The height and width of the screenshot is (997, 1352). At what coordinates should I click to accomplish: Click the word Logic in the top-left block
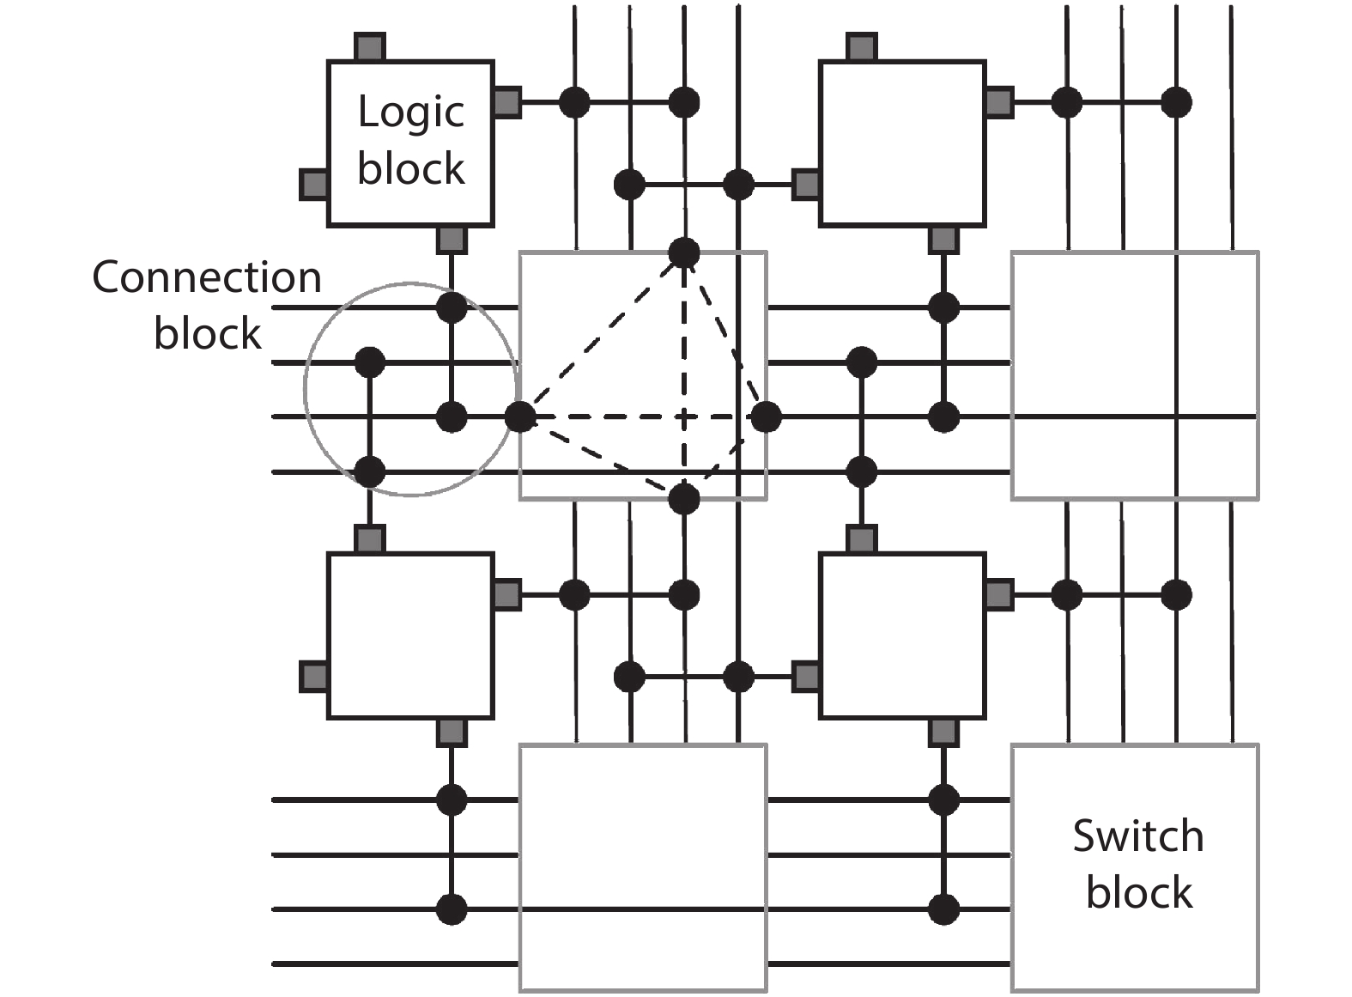click(410, 113)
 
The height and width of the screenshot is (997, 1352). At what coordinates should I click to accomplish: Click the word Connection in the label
click(207, 277)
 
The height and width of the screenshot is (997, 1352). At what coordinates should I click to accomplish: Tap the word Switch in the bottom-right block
click(1137, 836)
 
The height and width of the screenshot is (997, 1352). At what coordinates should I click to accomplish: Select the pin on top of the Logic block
click(370, 47)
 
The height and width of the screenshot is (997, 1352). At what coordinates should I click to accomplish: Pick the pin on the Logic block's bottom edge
click(452, 240)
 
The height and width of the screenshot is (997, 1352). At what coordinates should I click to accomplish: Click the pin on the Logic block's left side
click(314, 184)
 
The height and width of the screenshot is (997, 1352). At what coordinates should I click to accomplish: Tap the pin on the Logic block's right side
click(506, 102)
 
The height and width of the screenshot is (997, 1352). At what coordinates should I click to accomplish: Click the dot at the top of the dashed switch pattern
click(684, 252)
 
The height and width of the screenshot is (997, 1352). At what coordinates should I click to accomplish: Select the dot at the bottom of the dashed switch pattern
click(684, 498)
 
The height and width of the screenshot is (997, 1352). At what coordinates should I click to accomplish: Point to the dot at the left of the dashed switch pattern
click(519, 417)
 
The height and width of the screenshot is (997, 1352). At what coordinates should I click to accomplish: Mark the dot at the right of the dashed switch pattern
click(766, 417)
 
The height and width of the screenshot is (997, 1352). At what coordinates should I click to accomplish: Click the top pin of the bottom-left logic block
click(370, 539)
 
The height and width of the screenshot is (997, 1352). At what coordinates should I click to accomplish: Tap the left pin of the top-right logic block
click(806, 184)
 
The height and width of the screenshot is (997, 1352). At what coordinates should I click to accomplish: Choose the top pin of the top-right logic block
click(862, 47)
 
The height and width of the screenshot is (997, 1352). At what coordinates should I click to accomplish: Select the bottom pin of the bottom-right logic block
click(943, 732)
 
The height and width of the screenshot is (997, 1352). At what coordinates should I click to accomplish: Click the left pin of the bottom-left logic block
click(314, 677)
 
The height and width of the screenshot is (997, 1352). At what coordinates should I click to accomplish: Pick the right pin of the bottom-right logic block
click(999, 594)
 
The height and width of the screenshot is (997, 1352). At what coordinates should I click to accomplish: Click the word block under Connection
click(207, 333)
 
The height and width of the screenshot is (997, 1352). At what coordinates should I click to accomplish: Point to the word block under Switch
click(1138, 892)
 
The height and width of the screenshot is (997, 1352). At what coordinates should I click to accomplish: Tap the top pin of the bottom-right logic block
click(862, 539)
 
